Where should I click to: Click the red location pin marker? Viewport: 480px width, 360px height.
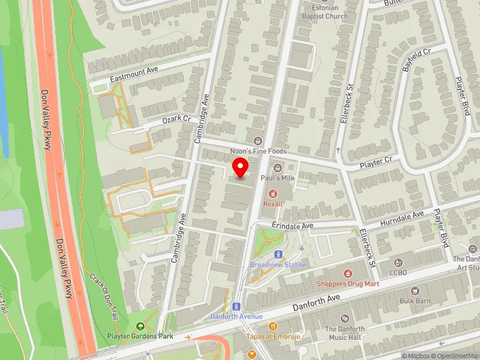coord(241,167)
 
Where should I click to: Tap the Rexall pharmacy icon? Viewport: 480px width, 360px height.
coord(273,193)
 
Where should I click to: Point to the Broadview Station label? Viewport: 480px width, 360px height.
coord(278,265)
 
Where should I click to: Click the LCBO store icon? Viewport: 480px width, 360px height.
coord(398,262)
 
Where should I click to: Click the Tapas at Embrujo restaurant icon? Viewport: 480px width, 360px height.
coord(273,326)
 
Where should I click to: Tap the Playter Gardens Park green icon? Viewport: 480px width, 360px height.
coord(140,326)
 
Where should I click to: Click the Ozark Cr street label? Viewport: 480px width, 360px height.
coord(176,120)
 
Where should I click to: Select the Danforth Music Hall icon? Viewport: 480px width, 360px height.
coord(344,319)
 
